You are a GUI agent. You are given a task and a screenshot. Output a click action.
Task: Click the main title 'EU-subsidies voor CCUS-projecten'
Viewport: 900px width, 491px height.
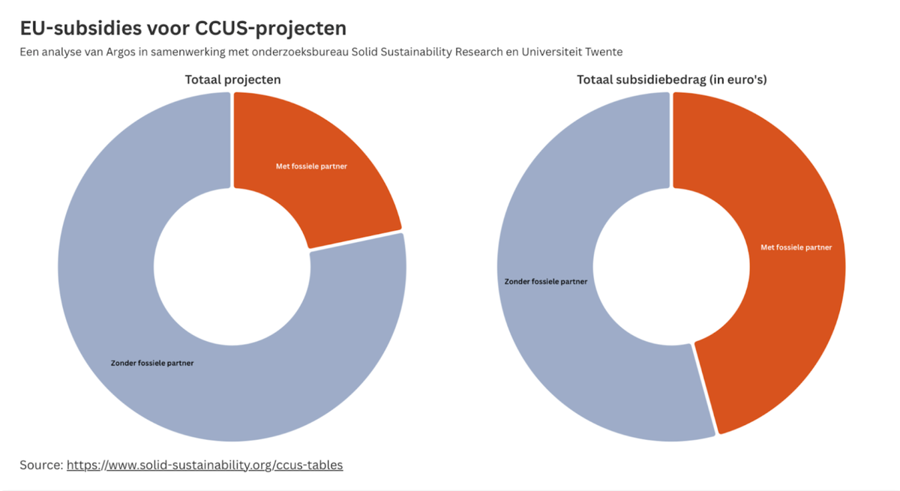(183, 28)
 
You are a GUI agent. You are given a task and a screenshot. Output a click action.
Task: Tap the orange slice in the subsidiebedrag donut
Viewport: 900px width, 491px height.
(780, 300)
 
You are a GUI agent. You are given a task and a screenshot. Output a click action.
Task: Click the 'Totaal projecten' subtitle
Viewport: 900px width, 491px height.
(232, 79)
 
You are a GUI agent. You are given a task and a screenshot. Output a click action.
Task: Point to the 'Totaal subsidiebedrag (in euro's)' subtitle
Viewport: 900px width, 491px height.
(671, 79)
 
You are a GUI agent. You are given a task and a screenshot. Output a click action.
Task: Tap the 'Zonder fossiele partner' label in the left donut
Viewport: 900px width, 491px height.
(152, 364)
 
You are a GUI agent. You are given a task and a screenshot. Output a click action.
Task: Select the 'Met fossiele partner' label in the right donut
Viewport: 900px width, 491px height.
(796, 247)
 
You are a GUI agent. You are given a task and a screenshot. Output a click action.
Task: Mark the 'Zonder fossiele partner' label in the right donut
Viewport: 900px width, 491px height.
(545, 282)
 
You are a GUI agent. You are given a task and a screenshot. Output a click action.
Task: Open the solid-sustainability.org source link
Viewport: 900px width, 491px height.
(205, 465)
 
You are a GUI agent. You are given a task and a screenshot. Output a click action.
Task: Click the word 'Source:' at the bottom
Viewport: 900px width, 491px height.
(41, 465)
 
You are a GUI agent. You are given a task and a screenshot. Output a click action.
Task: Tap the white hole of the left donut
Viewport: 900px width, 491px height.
(232, 266)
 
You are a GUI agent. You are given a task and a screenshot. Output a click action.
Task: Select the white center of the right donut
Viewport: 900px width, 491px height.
(671, 266)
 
